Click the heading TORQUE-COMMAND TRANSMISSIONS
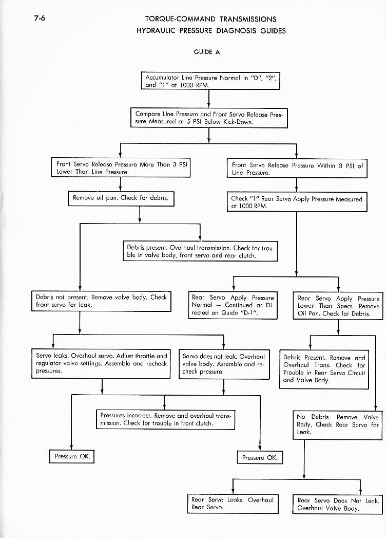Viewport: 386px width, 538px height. tap(211, 19)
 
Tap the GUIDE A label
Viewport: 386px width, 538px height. tap(206, 52)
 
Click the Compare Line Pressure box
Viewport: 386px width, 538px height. tap(209, 117)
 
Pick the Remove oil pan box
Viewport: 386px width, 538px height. tap(121, 198)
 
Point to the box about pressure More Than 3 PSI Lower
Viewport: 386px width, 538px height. tap(121, 169)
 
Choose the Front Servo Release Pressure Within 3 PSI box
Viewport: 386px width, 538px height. tap(297, 169)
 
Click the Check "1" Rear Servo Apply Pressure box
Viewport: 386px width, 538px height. tap(297, 202)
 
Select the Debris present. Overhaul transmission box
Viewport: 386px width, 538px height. tap(200, 251)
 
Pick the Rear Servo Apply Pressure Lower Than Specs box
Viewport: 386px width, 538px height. tap(338, 306)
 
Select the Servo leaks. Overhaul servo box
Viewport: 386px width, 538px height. tap(101, 363)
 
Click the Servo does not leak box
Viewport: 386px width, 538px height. tap(224, 364)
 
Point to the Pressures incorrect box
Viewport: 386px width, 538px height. tap(165, 419)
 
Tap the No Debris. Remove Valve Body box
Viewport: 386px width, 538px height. tap(337, 424)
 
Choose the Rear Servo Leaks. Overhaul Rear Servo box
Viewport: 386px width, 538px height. tap(233, 504)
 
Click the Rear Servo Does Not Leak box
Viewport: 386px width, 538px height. tap(337, 505)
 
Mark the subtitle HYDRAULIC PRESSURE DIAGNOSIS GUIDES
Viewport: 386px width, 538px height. tap(211, 30)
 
